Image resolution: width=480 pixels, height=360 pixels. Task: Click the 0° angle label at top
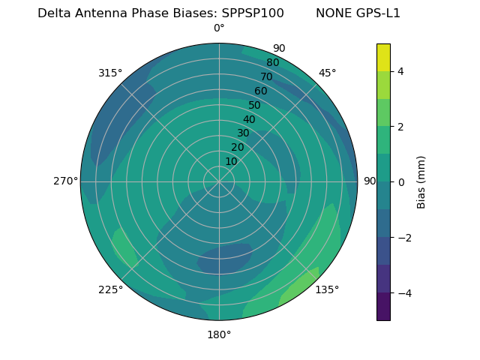219,28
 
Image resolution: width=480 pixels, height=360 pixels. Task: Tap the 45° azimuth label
328,73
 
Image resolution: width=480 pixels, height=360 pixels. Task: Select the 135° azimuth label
327,289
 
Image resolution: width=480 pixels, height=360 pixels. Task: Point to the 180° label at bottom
219,334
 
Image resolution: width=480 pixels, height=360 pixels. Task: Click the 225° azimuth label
110,290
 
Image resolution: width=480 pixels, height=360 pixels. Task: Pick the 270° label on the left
65,181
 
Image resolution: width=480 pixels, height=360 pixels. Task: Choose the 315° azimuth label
110,73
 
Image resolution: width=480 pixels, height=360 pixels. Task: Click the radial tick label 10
231,161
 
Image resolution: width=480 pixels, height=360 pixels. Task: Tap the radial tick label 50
254,105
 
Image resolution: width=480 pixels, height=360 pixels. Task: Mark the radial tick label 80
272,62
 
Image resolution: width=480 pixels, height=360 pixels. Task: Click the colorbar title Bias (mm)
421,182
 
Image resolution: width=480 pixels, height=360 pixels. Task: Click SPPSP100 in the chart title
253,13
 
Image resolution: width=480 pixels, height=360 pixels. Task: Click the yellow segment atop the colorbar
383,57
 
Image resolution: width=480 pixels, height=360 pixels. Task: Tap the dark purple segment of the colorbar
383,306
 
